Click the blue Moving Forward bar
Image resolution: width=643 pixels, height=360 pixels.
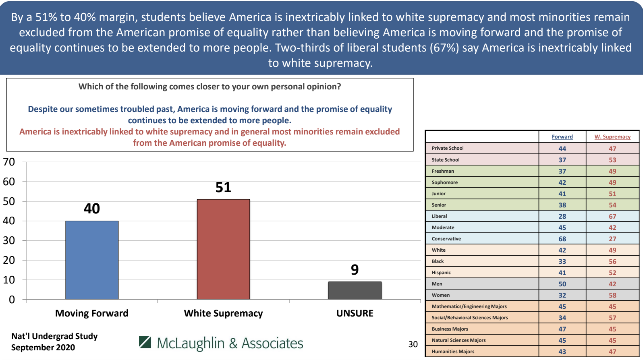92,260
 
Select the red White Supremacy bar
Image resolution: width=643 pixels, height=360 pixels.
223,249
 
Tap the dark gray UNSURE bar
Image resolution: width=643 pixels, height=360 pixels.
355,290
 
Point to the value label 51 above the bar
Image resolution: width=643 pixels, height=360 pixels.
223,187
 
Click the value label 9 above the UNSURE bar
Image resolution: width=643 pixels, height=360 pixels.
355,269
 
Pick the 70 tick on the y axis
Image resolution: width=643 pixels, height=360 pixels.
9,162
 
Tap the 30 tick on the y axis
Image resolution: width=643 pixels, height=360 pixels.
9,240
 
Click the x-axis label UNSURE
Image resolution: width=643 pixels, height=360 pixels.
355,313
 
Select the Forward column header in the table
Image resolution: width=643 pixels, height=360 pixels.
562,137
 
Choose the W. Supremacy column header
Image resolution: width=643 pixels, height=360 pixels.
612,137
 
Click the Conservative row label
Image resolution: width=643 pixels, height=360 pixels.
446,239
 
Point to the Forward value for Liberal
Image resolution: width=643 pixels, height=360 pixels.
562,216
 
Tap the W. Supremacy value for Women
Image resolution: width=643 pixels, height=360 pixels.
612,295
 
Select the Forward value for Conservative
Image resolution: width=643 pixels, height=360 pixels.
562,239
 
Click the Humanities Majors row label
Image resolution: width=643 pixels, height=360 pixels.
453,352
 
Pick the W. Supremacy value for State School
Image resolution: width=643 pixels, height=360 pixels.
612,160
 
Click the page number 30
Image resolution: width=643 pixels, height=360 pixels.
413,344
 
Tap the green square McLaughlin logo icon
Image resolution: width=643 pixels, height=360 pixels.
145,342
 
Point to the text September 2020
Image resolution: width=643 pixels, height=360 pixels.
43,347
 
